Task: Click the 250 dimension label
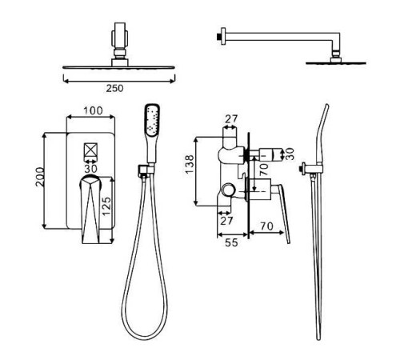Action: click(x=114, y=88)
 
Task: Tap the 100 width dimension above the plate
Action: click(x=93, y=110)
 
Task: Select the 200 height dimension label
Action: click(x=40, y=177)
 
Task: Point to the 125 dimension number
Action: click(x=106, y=206)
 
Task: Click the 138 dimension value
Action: click(x=190, y=164)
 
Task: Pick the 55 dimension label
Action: click(x=231, y=242)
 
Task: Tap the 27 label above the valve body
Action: click(x=231, y=119)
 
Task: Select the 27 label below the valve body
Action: click(x=226, y=221)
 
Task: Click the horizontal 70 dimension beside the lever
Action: click(x=267, y=226)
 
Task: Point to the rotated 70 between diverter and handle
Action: click(x=263, y=169)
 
